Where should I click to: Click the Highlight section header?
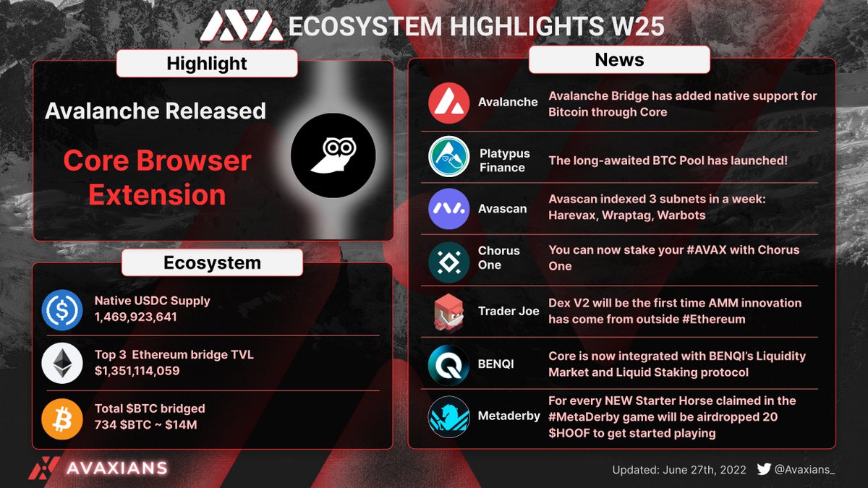[207, 63]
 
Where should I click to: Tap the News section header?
[619, 59]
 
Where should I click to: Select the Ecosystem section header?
[212, 262]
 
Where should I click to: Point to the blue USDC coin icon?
[63, 309]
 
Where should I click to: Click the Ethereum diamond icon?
[63, 364]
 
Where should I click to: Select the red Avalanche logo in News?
[448, 103]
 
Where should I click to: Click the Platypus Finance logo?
[448, 157]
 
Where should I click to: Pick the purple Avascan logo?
[448, 208]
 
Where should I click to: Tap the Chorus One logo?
[448, 261]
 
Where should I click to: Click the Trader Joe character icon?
[448, 312]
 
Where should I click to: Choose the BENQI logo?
[448, 364]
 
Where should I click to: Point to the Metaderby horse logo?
[448, 417]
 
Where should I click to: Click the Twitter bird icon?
[763, 468]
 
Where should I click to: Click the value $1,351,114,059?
[137, 371]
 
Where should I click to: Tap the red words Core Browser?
[157, 160]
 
